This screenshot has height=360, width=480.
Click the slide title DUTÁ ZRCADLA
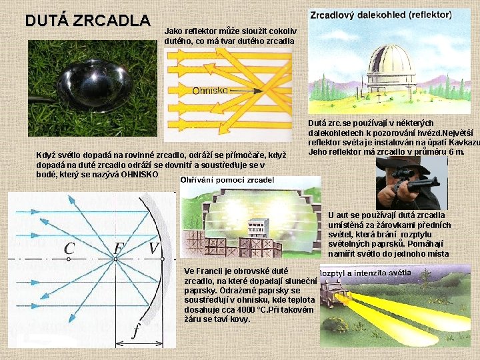(87, 20)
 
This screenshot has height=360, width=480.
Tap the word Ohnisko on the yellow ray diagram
(210, 90)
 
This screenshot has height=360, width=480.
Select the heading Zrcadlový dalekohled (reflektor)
(381, 14)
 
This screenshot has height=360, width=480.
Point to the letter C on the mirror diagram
(69, 249)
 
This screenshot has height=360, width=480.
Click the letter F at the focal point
(118, 249)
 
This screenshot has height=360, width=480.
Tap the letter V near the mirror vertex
(153, 249)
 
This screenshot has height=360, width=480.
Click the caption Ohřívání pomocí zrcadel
(227, 180)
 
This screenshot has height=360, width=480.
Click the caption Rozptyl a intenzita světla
(364, 273)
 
